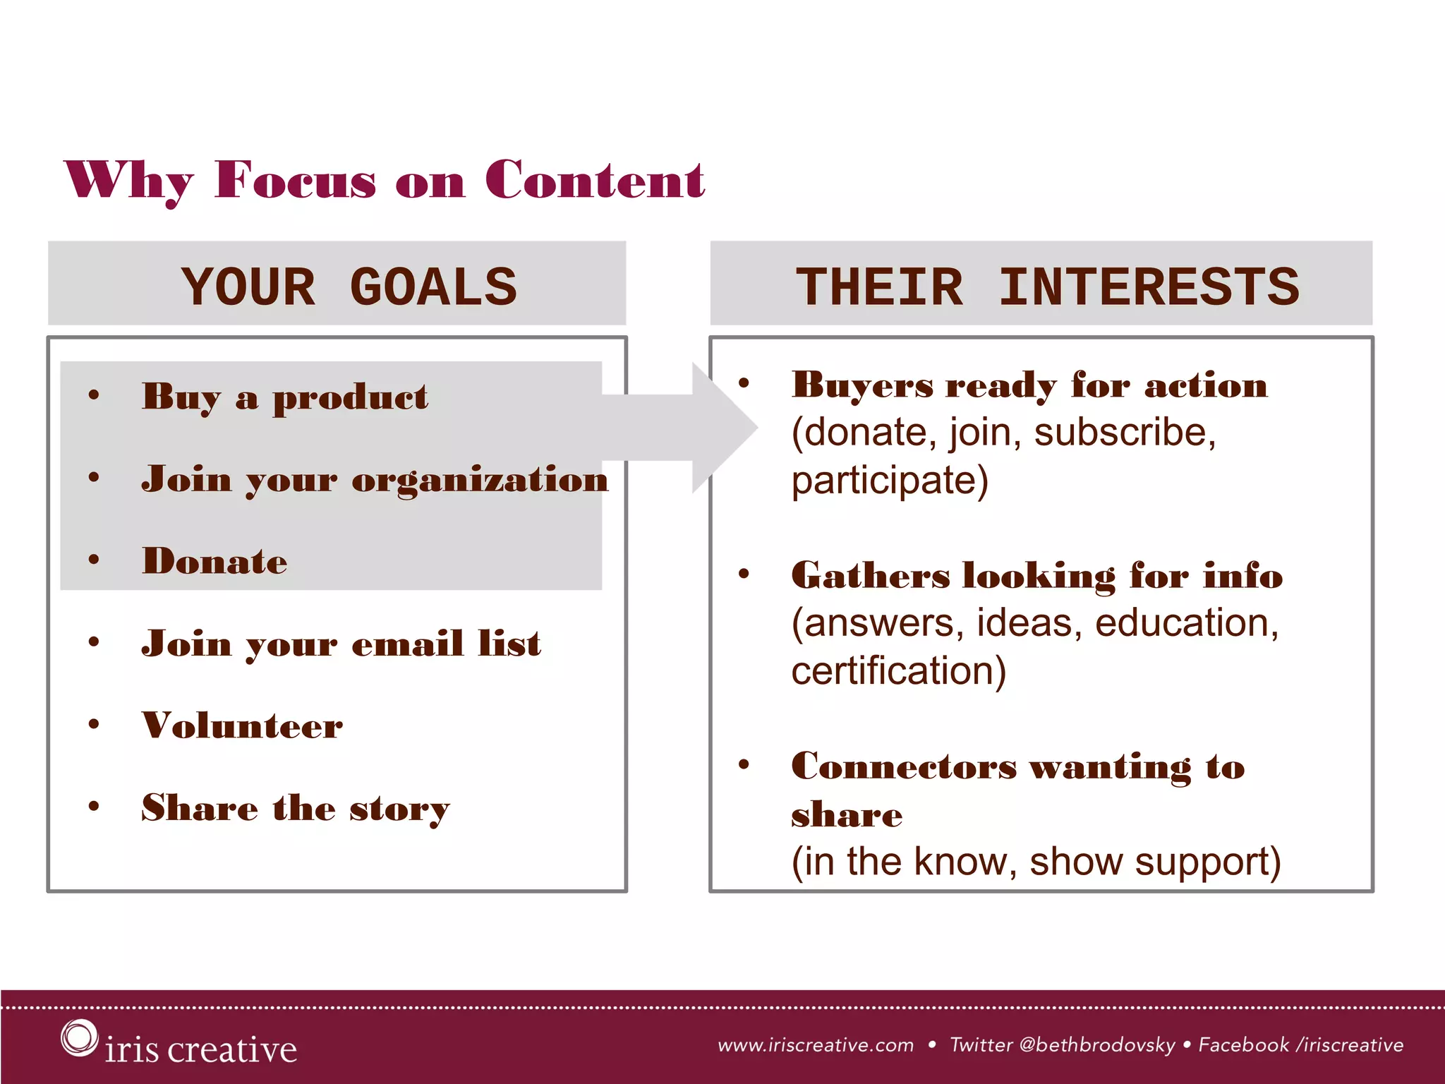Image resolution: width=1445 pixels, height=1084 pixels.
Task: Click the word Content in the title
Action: [594, 181]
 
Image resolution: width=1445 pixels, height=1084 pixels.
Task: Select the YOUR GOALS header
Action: [349, 287]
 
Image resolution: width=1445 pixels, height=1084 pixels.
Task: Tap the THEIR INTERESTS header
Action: [1047, 287]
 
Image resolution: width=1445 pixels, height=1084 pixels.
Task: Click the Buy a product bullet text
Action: [284, 397]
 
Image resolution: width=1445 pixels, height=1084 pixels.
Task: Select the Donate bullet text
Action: [214, 562]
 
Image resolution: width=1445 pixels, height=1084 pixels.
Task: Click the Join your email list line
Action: [341, 644]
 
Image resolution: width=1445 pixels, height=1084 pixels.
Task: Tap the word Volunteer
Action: [242, 725]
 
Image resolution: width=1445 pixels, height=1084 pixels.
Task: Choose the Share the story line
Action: [295, 808]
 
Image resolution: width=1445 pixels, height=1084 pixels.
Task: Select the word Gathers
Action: [870, 576]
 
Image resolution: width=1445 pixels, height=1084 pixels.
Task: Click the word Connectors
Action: [904, 767]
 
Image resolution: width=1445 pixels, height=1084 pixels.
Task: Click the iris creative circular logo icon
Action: [78, 1038]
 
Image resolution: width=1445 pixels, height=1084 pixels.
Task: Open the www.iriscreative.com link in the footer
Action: [816, 1045]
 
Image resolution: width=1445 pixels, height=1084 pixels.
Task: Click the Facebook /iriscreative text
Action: [1300, 1045]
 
